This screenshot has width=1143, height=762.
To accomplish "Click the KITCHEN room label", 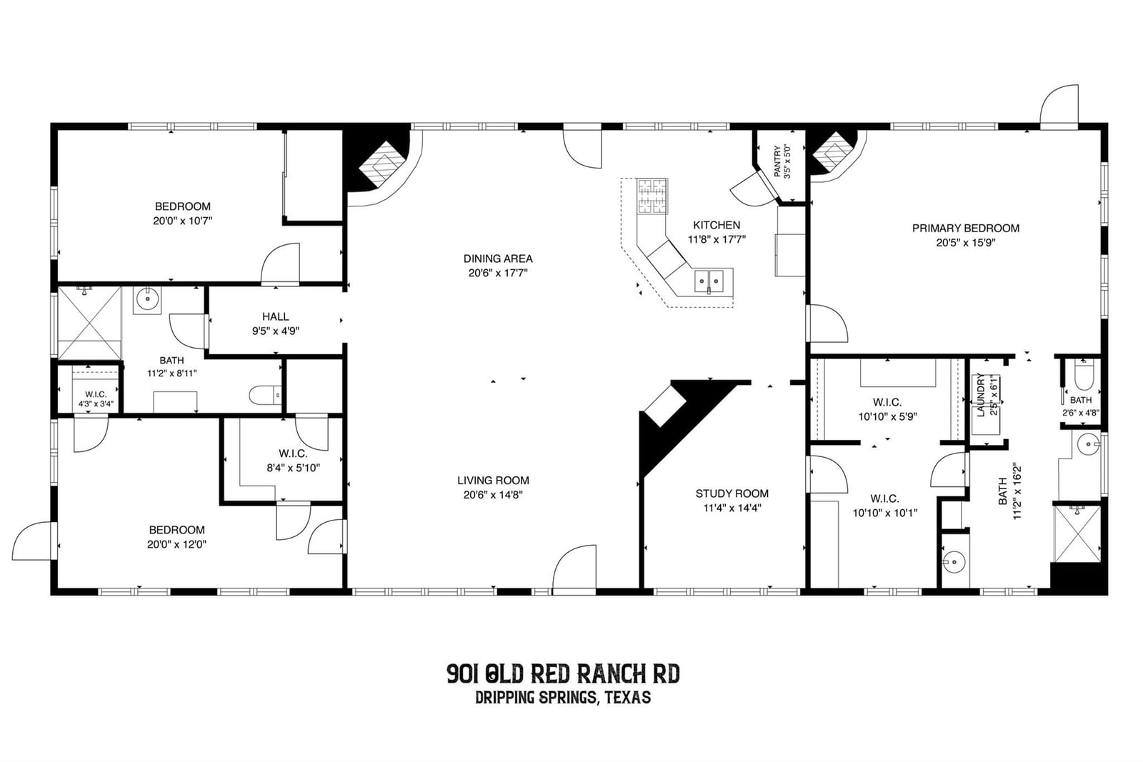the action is point(717,225).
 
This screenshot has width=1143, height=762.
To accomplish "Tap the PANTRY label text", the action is point(777,161).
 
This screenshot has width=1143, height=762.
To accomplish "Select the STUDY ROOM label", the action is point(732,493).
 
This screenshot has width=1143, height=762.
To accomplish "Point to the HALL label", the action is point(276,316).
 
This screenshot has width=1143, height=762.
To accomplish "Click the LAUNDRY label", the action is point(981,395).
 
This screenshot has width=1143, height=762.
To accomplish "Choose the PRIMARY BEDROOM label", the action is point(966,228).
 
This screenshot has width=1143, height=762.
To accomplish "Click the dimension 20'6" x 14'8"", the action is point(493,495).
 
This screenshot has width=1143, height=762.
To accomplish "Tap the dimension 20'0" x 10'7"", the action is point(183,221).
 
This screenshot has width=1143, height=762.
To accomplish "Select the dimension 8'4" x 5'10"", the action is point(294,468).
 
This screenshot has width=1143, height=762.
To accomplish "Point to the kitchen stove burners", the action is point(652,196).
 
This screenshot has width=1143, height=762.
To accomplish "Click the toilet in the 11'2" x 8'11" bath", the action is point(265,395).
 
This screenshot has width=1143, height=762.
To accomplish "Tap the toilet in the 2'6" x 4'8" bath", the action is point(1083,376).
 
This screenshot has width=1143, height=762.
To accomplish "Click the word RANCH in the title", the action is point(607,674).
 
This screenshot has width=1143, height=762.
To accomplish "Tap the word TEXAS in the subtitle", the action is point(628,697).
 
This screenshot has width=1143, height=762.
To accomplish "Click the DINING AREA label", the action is point(498,259).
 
